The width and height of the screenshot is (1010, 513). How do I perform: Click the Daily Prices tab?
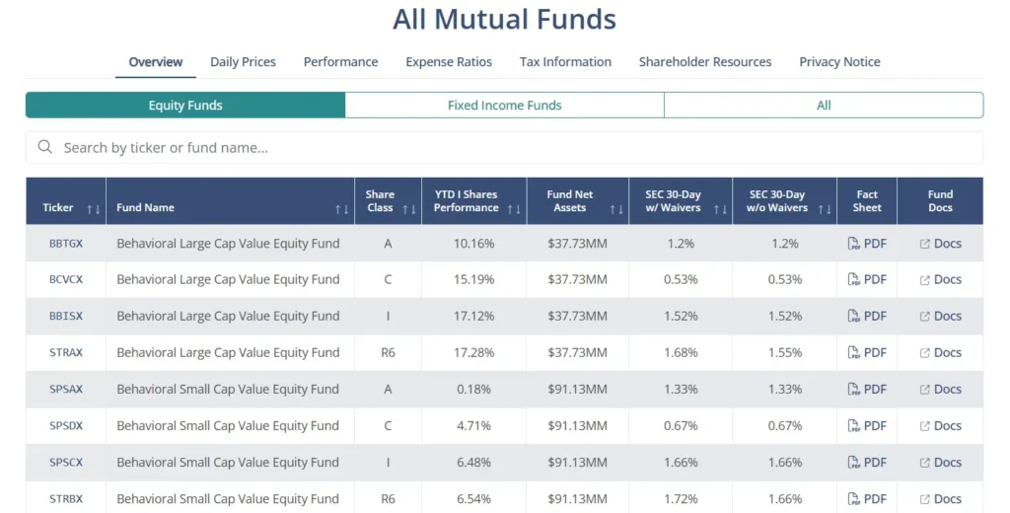[243, 61]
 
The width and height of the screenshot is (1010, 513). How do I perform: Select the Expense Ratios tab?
[449, 61]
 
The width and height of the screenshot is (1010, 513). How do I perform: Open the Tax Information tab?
[565, 61]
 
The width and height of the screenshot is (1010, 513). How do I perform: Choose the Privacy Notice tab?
[839, 61]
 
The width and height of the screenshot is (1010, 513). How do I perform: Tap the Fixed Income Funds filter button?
[504, 106]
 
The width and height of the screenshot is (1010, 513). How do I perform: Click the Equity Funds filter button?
[185, 106]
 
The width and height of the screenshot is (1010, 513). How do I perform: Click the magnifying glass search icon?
[44, 147]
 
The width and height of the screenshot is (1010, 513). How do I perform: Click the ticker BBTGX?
[66, 244]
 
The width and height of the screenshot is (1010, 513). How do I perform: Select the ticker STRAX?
[66, 353]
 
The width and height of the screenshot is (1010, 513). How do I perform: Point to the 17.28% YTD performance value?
[473, 353]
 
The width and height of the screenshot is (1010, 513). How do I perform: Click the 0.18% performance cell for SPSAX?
[473, 390]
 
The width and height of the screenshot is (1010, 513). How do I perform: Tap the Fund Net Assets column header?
[569, 201]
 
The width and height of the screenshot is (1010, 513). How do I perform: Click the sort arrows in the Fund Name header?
[341, 209]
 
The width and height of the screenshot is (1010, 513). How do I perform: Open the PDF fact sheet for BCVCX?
[867, 280]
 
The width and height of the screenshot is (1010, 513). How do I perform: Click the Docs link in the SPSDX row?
[940, 426]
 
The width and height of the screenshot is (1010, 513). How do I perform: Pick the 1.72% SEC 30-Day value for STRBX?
[681, 499]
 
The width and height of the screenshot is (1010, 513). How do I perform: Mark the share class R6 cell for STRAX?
[388, 353]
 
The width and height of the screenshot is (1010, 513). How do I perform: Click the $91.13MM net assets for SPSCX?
[577, 463]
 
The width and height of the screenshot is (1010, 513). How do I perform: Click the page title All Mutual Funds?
[504, 19]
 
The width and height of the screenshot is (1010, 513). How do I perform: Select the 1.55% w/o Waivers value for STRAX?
[784, 353]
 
